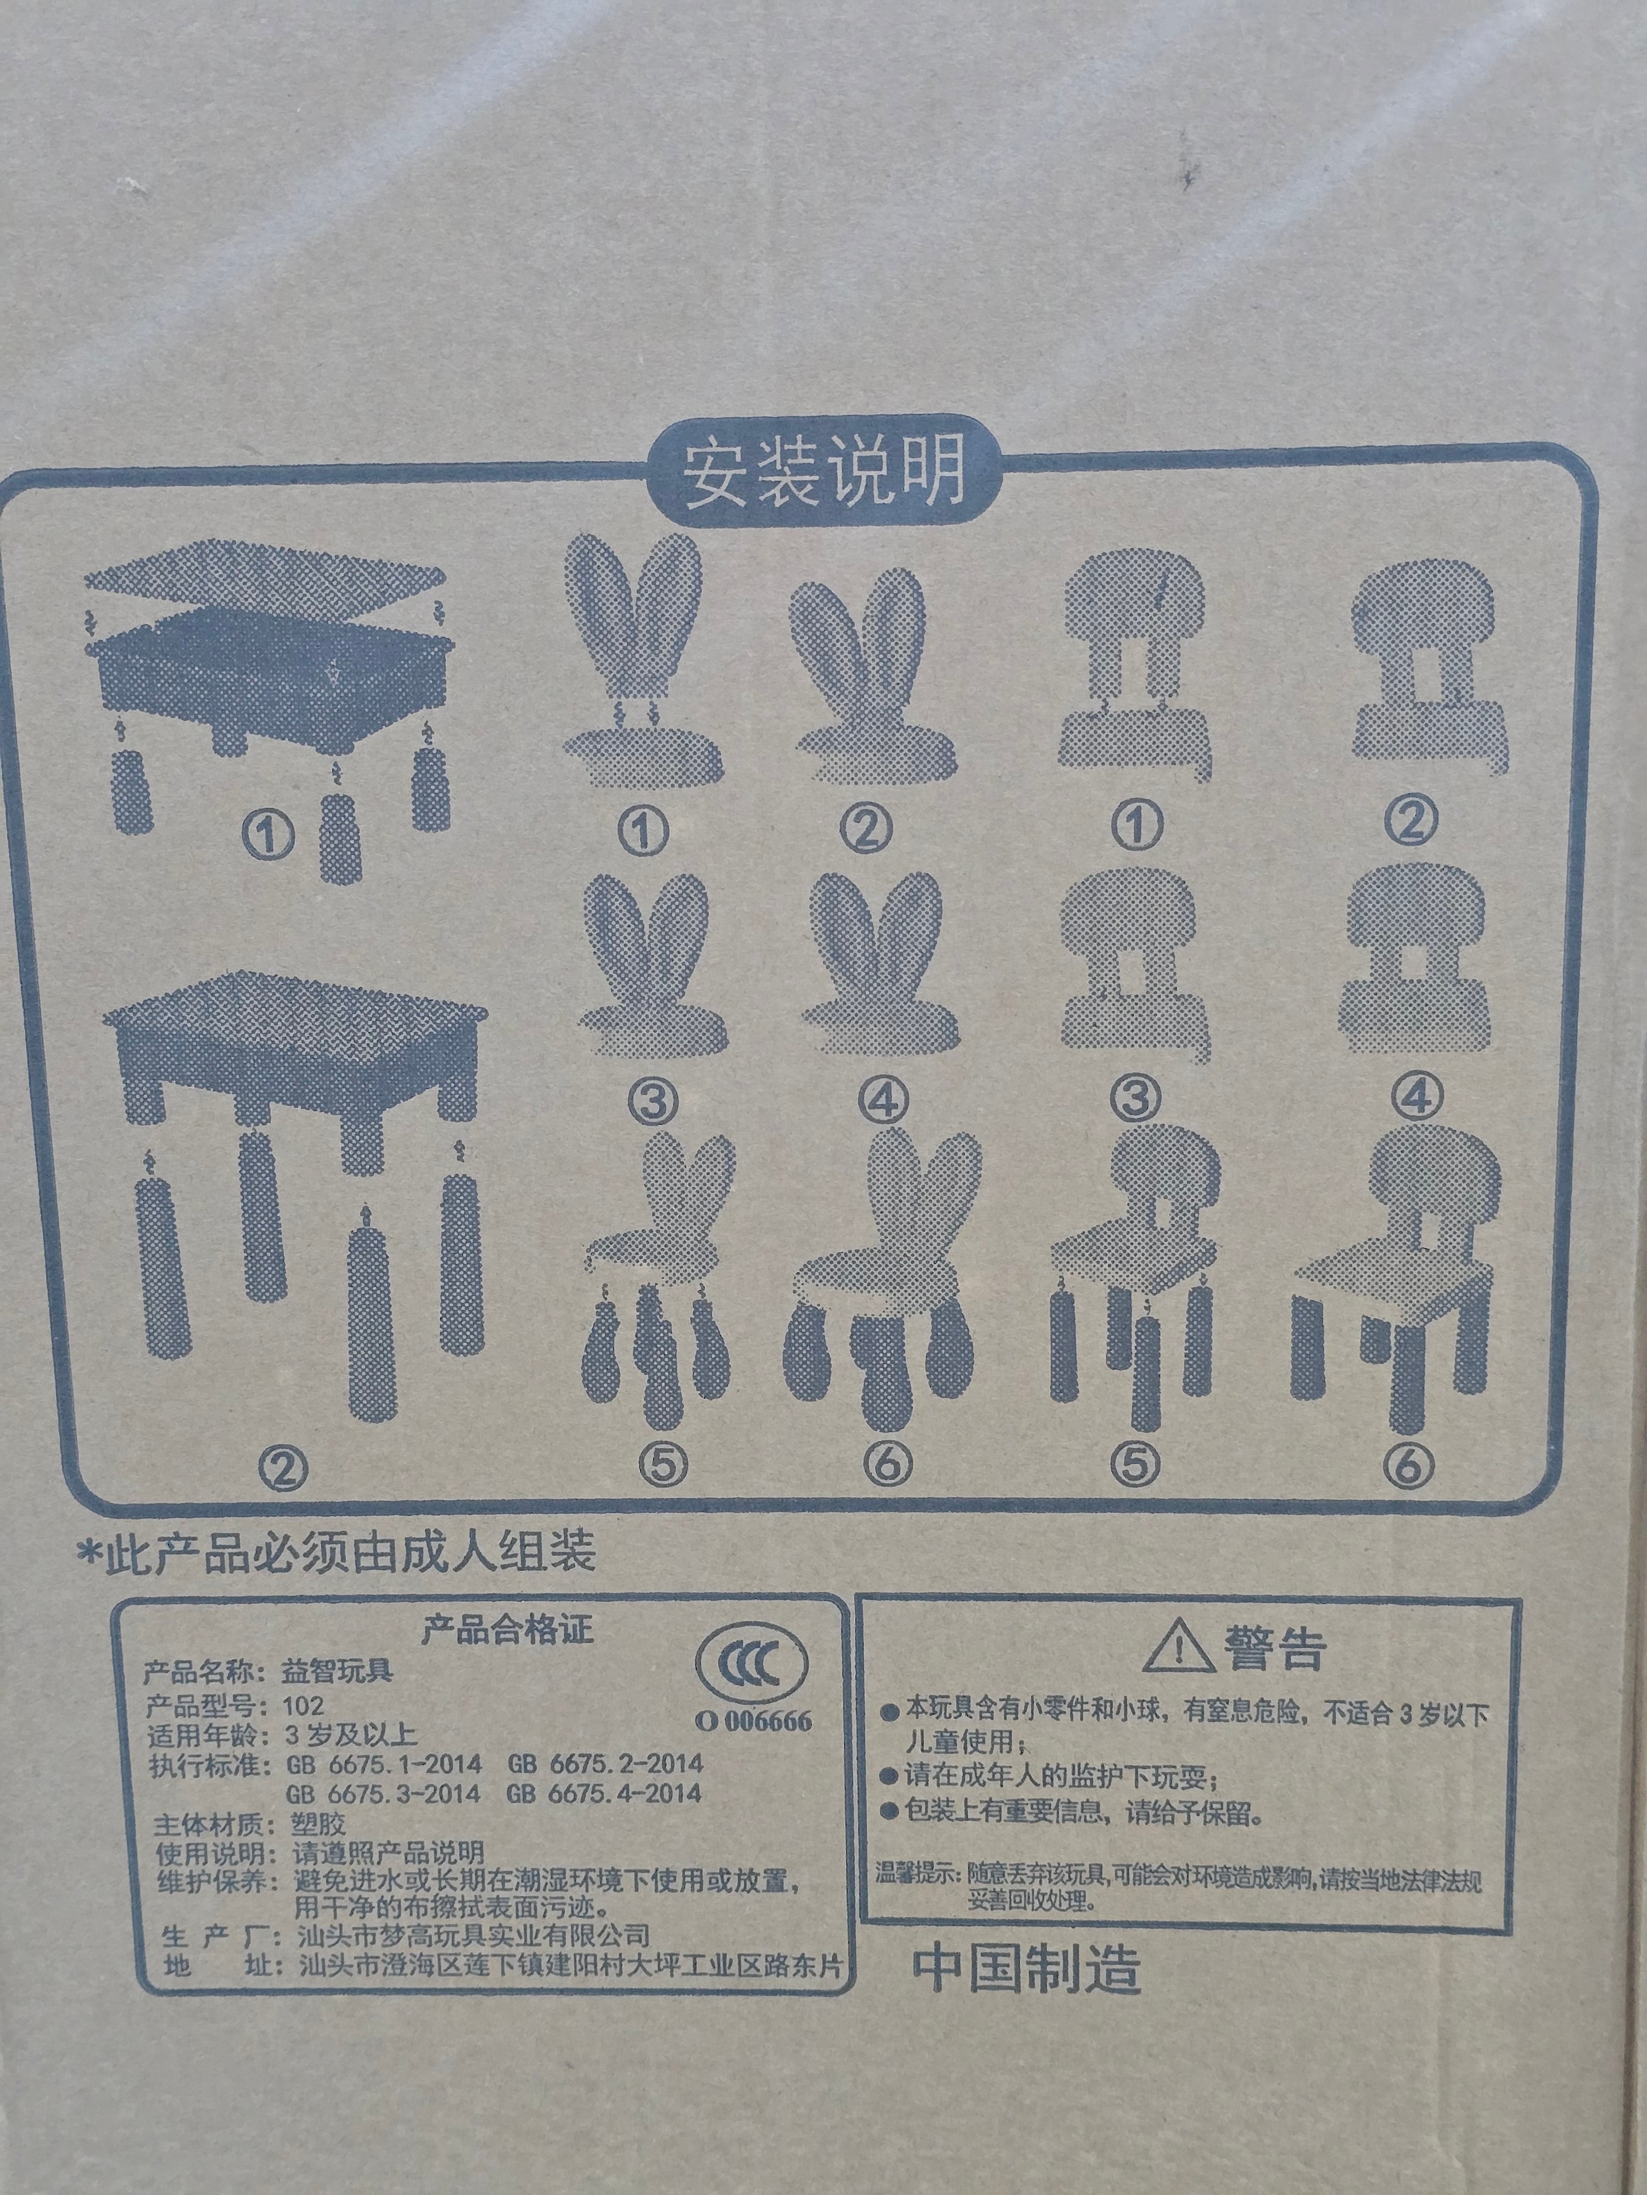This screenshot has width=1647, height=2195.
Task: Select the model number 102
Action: (x=303, y=1706)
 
